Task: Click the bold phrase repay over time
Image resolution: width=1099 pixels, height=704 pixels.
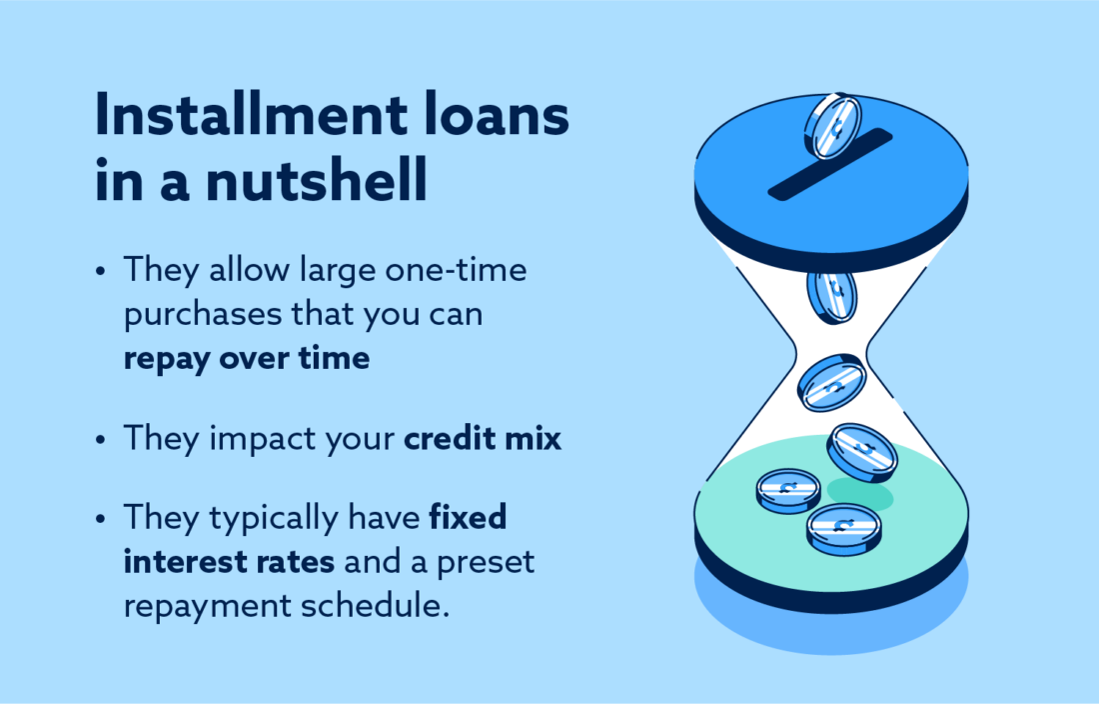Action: coord(246,358)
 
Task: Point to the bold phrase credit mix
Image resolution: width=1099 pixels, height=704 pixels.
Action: coord(483,440)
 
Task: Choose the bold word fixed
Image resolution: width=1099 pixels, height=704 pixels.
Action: coord(468,518)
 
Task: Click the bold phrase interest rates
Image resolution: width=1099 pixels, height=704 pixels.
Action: coord(229,562)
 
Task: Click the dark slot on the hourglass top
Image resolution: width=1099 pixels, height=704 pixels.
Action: coord(828,162)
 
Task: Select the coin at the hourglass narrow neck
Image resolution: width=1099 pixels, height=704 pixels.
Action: coord(831,381)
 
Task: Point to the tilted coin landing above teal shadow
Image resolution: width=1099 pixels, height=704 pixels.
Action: coord(861,452)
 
